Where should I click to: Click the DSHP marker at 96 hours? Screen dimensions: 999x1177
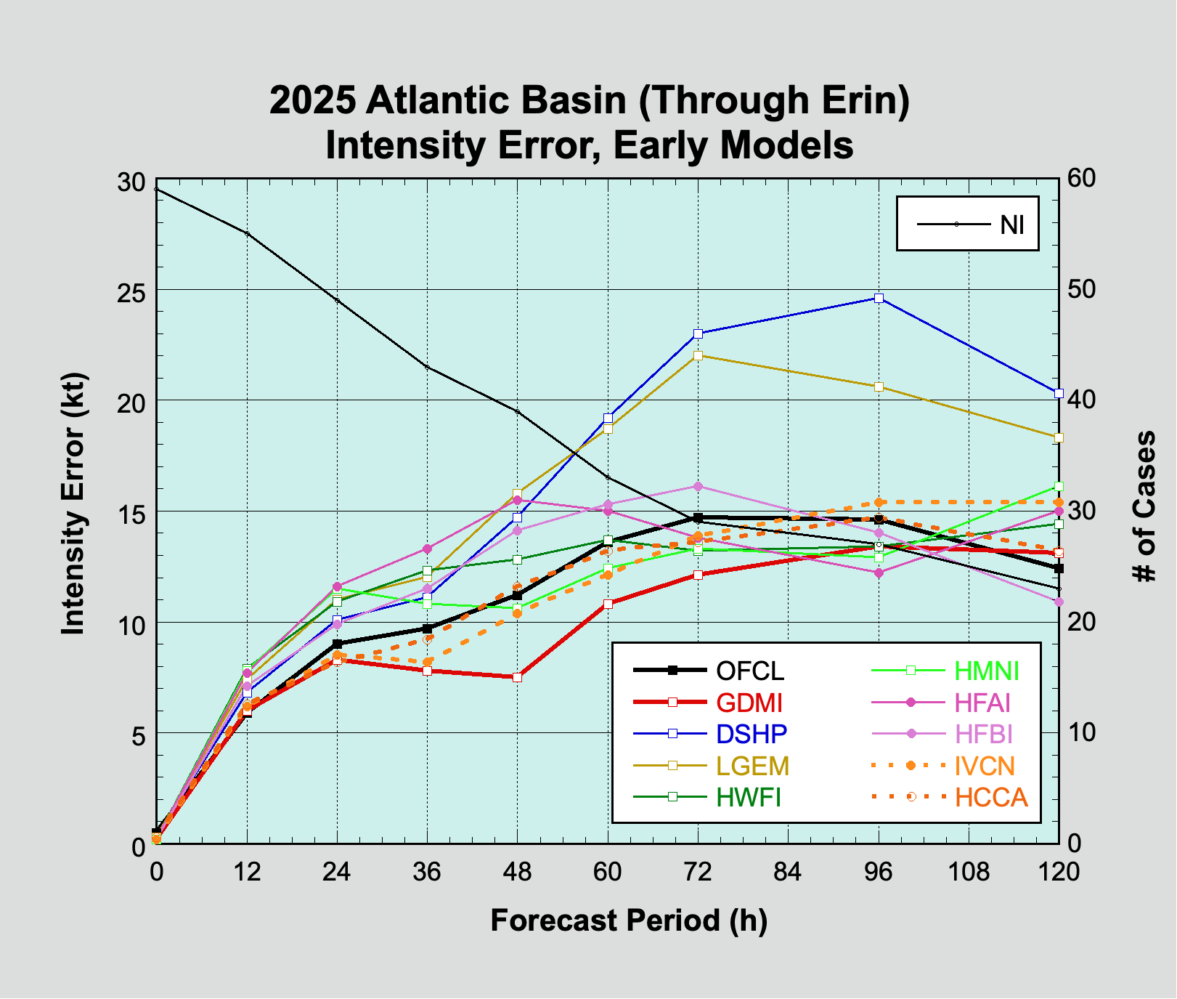coord(879,298)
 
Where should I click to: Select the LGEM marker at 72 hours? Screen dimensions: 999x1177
coord(698,355)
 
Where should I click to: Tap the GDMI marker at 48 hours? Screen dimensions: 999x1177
coord(518,677)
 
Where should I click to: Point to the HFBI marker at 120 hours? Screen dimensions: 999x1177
coord(1059,602)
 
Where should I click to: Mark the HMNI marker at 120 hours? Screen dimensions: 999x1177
coord(1059,486)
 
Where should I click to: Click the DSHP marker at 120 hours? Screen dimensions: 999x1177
coord(1059,393)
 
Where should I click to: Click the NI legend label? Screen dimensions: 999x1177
coord(1012,225)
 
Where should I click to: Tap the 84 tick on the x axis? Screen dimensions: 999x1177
coord(788,871)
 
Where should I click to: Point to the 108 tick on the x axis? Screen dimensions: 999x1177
coord(969,871)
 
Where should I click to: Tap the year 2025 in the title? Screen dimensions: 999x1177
coord(313,100)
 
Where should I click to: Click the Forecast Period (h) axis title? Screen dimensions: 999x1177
coord(629,921)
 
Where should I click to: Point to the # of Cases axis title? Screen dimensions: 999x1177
coord(1145,506)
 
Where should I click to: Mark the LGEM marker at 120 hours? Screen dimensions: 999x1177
coord(1059,437)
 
